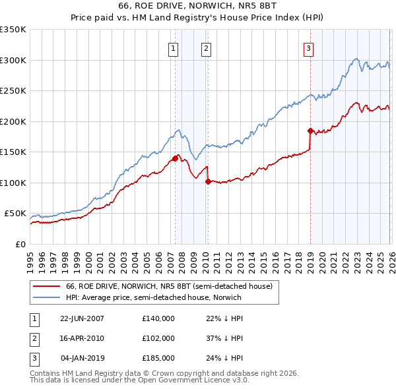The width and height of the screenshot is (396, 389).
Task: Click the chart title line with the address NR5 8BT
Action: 198,6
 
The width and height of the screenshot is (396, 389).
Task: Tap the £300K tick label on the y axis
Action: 13,60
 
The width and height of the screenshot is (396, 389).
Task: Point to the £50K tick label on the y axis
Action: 15,214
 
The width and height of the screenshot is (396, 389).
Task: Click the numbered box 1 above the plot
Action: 173,47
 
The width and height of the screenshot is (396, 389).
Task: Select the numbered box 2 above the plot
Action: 206,47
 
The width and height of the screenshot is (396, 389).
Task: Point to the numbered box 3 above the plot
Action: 308,47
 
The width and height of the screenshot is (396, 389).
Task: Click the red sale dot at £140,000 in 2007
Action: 175,158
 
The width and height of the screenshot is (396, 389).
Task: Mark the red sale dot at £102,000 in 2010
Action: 208,181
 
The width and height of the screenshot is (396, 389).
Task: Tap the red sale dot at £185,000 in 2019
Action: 310,131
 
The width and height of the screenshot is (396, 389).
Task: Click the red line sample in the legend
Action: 46,286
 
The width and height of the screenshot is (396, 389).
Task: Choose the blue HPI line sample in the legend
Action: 46,297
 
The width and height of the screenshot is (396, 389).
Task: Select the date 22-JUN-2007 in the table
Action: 82,318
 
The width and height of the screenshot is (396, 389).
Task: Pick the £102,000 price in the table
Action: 158,338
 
